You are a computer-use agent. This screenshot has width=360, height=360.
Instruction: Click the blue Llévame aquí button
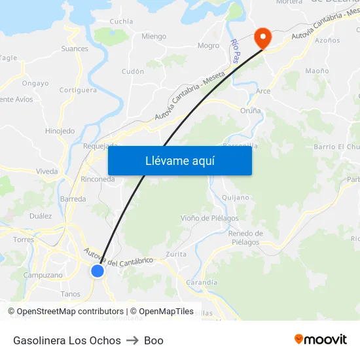pos(179,160)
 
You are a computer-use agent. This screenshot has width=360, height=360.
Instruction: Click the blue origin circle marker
pos(98,270)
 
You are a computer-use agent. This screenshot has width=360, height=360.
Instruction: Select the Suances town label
pos(75,48)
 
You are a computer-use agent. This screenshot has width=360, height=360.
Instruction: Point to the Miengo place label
pos(154,37)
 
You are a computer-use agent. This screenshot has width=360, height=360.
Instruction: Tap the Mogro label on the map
pos(208,46)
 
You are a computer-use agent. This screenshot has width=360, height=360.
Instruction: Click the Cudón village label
pos(133,71)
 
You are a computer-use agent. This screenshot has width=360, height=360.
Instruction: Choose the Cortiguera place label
pos(78,90)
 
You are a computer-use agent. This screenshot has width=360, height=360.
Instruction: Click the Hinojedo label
pos(60,131)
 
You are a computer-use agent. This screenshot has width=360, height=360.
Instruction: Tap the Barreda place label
pos(73,198)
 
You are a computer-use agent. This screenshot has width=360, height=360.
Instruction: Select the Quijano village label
pos(236,198)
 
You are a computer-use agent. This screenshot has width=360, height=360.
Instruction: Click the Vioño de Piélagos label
pos(209,218)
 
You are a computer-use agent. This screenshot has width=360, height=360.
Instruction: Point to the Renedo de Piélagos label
pos(245,238)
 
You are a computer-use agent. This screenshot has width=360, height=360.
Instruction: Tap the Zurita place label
pos(176,254)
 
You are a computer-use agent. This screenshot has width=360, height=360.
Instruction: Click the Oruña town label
pos(250,111)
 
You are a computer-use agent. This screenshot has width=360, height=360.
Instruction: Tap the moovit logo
pos(321,339)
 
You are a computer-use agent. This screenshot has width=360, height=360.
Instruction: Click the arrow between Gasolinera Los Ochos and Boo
pos(132,340)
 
